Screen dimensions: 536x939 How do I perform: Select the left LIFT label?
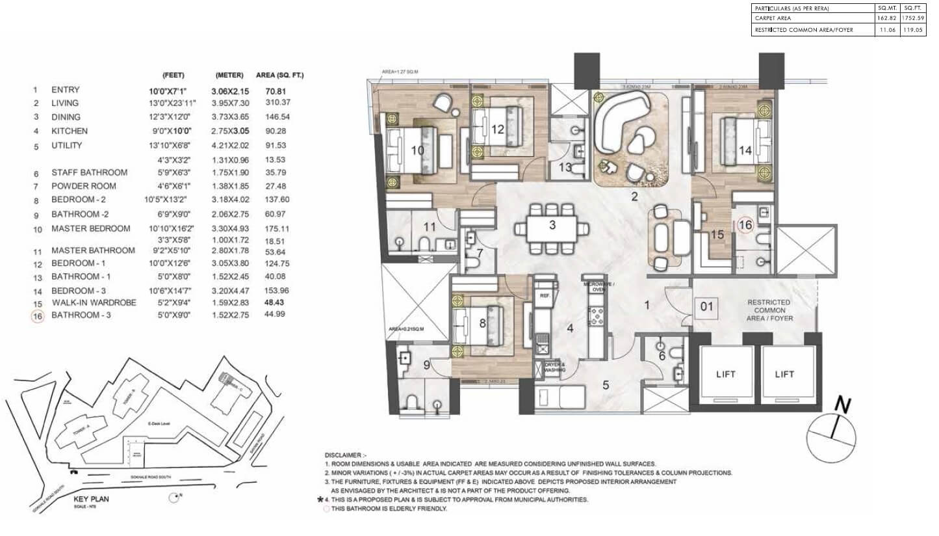coord(725,374)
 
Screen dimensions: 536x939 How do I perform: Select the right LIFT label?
coord(784,374)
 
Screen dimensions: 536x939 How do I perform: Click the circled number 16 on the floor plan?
coord(745,224)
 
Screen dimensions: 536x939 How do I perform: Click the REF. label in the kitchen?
coord(545,295)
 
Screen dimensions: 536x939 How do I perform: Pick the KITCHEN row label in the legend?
coord(69,131)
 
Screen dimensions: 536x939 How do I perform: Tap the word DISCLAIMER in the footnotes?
coord(346,455)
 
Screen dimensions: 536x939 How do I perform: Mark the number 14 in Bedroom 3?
coord(745,150)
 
